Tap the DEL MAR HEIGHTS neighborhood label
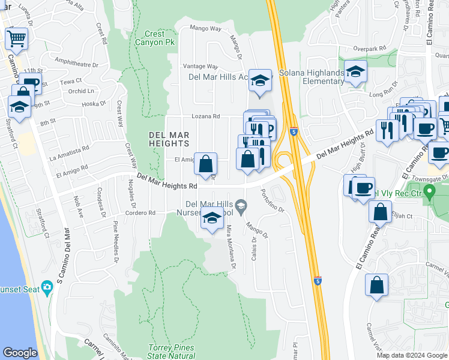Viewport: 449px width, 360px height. click(x=169, y=139)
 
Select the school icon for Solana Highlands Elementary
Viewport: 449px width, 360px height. click(x=356, y=73)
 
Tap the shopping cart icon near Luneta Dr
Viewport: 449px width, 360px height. click(x=17, y=39)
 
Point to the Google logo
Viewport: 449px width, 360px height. click(x=20, y=353)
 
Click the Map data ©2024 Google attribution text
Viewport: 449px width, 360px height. click(x=412, y=355)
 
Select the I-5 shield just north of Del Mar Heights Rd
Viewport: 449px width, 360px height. click(x=293, y=131)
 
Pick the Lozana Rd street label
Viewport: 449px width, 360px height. click(x=206, y=116)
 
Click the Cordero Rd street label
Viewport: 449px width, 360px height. click(x=140, y=212)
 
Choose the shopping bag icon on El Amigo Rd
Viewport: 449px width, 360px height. click(x=205, y=164)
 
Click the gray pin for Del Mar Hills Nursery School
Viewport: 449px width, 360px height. click(x=241, y=206)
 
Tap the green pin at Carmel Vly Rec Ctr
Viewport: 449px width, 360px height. click(x=429, y=193)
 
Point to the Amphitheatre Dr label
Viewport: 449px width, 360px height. click(x=80, y=61)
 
